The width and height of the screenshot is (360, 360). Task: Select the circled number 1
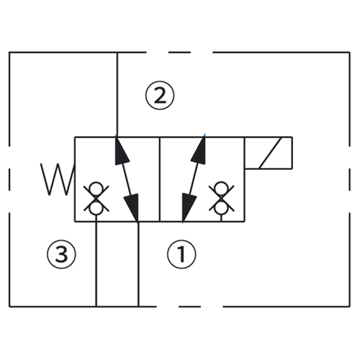(181, 253)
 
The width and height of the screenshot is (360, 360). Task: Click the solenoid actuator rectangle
(269, 153)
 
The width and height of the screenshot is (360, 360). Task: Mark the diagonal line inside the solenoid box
(269, 153)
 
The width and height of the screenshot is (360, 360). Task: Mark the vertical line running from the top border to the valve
(117, 94)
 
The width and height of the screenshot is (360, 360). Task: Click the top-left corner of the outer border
(9, 53)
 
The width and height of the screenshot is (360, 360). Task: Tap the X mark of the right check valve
(217, 192)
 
